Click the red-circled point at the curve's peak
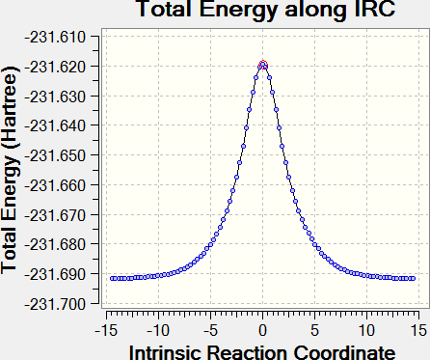[263, 65]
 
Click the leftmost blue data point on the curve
[112, 279]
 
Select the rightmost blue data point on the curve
[414, 279]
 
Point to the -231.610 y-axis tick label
[55, 38]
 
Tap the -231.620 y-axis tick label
[55, 67]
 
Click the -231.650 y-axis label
[55, 156]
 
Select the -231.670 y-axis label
[55, 215]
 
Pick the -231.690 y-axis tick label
[55, 275]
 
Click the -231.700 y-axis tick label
[55, 304]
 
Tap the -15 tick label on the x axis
[106, 330]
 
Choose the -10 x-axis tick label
[158, 330]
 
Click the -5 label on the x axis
[210, 330]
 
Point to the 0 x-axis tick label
[263, 330]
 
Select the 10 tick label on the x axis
[367, 330]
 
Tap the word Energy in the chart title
[239, 10]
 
